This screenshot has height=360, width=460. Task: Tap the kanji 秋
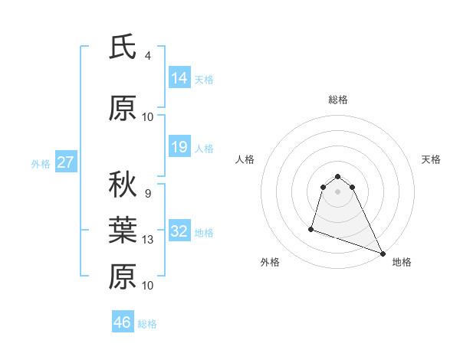(123, 185)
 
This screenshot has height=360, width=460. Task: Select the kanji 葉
(123, 231)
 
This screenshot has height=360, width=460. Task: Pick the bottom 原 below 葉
(123, 277)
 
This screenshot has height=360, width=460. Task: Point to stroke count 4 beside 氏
(147, 56)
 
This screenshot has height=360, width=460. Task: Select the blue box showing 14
(179, 78)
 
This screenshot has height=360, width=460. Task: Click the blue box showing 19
(179, 147)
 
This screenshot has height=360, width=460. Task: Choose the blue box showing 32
(179, 231)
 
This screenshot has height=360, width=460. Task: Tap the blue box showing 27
(65, 162)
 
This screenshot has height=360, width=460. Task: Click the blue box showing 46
(123, 322)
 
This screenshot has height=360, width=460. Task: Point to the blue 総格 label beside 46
(147, 324)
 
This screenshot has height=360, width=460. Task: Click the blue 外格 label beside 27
(41, 163)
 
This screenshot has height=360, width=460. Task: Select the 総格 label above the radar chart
(338, 100)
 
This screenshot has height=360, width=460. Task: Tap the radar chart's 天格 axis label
(431, 159)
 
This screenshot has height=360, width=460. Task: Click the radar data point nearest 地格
(383, 254)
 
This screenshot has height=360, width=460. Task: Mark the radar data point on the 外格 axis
(311, 228)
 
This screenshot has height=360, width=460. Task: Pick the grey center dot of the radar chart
(338, 191)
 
